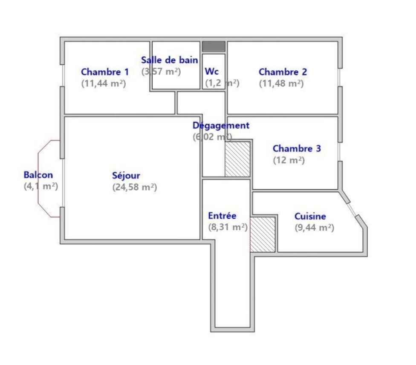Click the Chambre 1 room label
coord(105,72)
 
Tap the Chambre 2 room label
coord(283,72)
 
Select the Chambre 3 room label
coord(297,148)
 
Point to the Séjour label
coord(126,176)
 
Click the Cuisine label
coord(310,216)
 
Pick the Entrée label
coord(222,216)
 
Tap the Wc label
coord(212,71)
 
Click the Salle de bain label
coord(170,60)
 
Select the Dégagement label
coord(221,125)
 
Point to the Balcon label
coord(38,175)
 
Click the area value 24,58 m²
coord(135,187)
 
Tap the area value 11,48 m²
coord(281,83)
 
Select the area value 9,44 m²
coord(315,228)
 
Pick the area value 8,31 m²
coord(228,227)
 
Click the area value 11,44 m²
coord(104,83)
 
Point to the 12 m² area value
coord(289,160)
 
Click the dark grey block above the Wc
coord(214,46)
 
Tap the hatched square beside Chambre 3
coord(237,159)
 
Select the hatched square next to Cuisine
coord(263,235)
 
